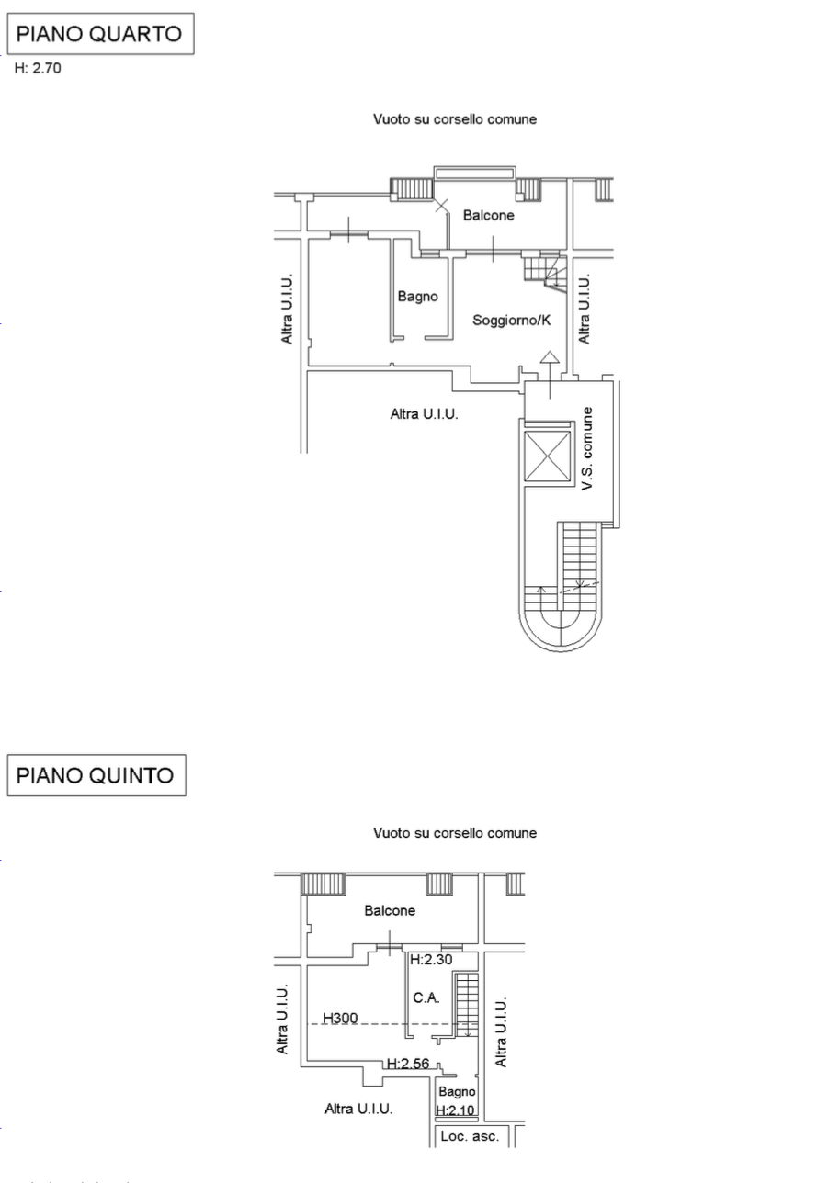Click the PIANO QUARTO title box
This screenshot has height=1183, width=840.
100,34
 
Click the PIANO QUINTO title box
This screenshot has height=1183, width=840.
96,775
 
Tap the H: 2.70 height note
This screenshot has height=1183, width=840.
38,68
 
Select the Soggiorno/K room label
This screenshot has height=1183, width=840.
511,320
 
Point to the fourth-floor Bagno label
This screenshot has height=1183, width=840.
418,297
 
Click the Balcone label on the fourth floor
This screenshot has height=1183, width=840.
489,215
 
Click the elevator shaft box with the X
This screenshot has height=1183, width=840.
548,456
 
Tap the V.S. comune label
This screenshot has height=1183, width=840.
587,448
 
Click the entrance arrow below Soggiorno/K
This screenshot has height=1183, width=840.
550,374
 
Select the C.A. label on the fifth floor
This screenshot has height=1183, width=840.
426,997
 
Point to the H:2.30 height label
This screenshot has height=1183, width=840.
431,960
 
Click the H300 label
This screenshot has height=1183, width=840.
340,1018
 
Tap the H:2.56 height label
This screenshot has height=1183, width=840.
408,1063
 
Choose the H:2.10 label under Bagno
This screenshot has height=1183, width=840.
456,1110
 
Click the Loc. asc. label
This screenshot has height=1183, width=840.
470,1136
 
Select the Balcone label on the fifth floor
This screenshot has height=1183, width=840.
390,910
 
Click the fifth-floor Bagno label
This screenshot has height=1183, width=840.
457,1092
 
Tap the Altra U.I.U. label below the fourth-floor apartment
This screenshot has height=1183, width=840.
425,414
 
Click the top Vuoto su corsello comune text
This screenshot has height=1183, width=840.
455,119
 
